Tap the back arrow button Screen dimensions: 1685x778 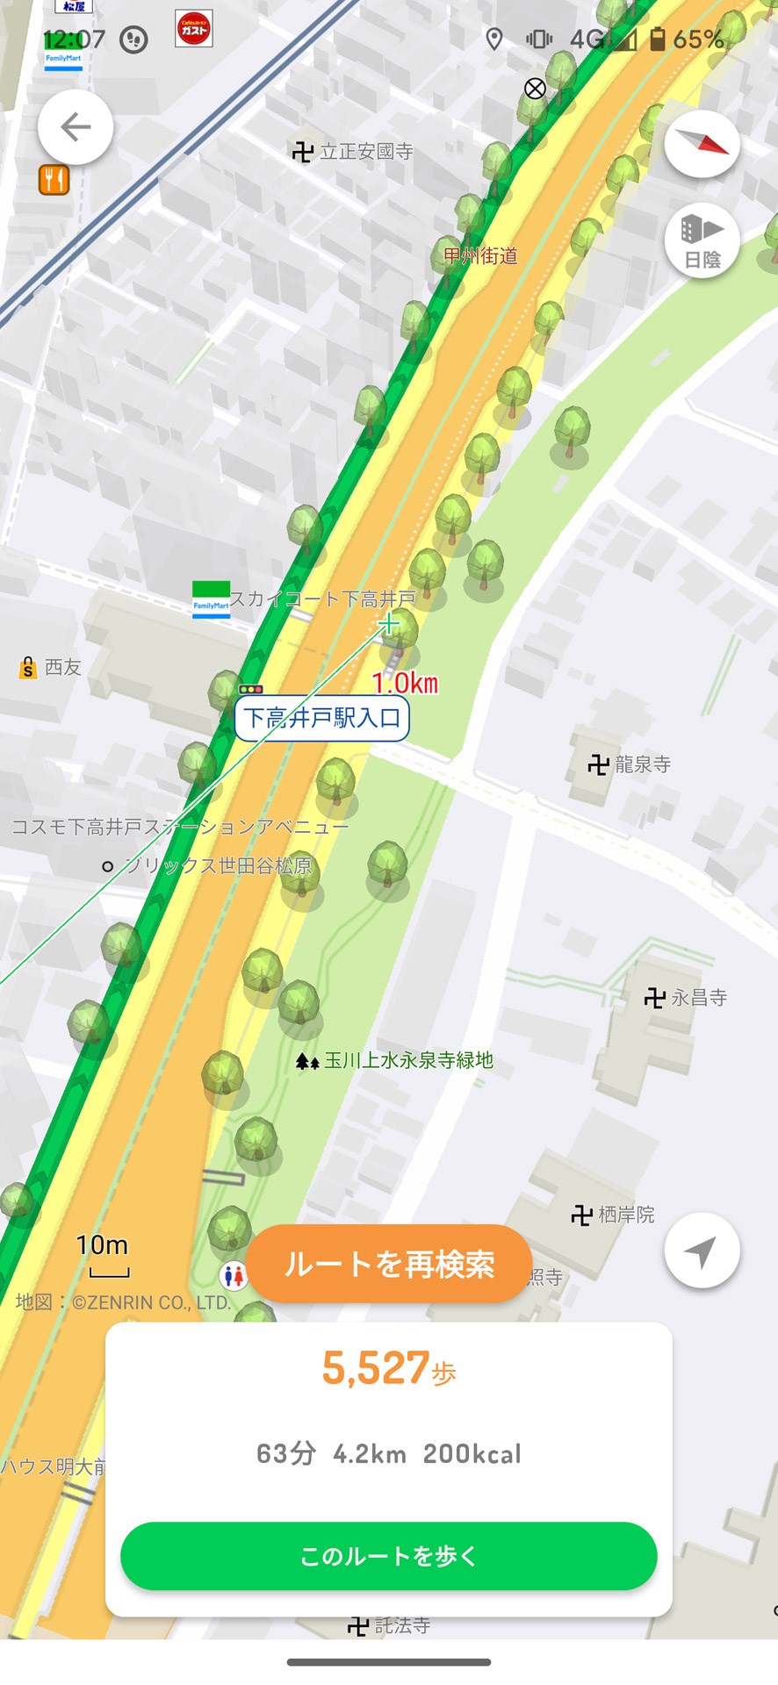[76, 128]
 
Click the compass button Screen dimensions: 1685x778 [702, 145]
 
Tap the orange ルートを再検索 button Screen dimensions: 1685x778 [389, 1264]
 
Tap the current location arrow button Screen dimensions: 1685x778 [702, 1251]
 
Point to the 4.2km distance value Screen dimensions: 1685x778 [370, 1454]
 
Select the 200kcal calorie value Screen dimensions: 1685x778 [472, 1454]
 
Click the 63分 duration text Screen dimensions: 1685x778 [285, 1454]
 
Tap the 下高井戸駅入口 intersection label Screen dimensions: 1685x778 [321, 719]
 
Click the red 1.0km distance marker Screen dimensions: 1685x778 [405, 683]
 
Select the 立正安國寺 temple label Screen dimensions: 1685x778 [354, 152]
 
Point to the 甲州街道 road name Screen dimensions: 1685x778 [480, 256]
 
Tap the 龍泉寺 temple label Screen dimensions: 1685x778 [630, 764]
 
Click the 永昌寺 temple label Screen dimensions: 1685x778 [687, 998]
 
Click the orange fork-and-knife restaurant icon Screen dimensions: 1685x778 [54, 180]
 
